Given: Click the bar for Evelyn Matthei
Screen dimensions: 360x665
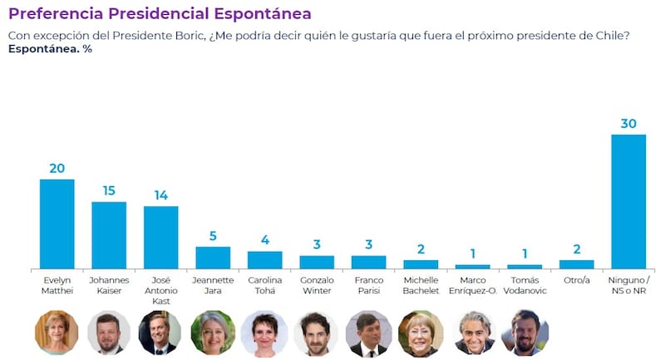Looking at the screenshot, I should [57, 224].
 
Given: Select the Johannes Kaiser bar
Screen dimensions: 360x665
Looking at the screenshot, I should [109, 235].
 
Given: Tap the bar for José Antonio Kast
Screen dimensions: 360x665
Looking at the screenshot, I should [160, 237].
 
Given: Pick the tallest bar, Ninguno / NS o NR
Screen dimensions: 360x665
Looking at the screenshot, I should [628, 201].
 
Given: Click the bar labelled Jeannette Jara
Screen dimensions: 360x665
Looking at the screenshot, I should [213, 258].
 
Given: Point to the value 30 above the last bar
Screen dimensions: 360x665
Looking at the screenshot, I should [628, 123].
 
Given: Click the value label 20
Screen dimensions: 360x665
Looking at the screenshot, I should [57, 168].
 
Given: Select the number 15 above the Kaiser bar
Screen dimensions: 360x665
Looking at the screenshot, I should [109, 190].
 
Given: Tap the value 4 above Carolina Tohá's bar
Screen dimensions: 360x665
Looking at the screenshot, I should [264, 240].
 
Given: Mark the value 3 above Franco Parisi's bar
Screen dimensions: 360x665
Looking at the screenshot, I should [368, 244].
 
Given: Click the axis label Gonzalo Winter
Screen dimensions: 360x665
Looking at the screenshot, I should [317, 285].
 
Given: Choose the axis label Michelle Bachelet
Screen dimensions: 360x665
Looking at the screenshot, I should [421, 285].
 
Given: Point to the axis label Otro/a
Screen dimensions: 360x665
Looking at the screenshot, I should [576, 280].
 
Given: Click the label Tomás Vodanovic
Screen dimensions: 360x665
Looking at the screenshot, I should [525, 285].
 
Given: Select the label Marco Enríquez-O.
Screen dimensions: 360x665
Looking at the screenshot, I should [472, 285].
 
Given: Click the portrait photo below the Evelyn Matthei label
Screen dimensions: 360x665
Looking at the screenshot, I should [57, 333].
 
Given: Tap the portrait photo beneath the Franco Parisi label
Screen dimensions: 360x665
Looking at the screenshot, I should [368, 333].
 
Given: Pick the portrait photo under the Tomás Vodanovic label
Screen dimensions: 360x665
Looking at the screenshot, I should [525, 333].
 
